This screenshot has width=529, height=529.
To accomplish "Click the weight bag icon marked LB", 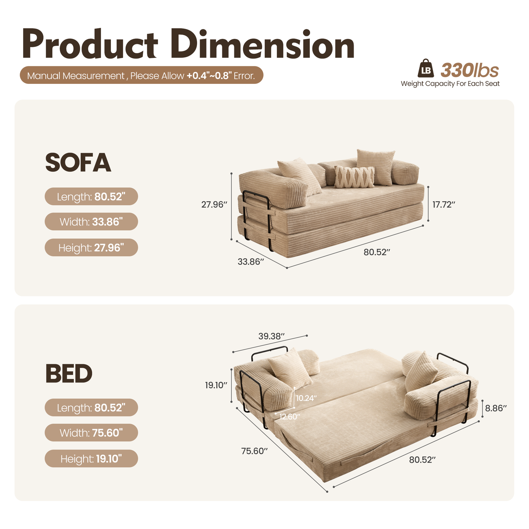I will [x=426, y=68].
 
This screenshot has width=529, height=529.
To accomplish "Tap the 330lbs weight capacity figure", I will [x=469, y=70].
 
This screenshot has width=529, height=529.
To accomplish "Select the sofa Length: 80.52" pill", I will [x=91, y=197].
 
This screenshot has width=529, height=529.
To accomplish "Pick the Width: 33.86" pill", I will [x=91, y=221].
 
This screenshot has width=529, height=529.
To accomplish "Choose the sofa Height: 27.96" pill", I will [x=91, y=247].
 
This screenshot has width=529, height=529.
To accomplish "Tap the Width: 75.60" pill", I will [x=91, y=433].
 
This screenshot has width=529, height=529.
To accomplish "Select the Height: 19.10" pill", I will [x=91, y=458].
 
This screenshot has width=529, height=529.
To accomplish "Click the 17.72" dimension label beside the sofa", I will [x=444, y=204].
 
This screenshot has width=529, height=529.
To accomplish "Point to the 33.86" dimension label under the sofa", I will [x=251, y=262].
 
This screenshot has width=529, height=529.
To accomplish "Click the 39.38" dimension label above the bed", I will [x=271, y=336].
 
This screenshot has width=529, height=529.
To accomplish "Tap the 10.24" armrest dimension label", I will [x=306, y=398].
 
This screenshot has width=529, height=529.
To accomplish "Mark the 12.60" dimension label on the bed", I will [x=290, y=416].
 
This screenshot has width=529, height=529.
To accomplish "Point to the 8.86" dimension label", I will [x=496, y=408].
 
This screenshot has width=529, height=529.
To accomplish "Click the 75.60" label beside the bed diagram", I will [x=254, y=451].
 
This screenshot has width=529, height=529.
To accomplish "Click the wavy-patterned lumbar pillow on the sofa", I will [x=354, y=177].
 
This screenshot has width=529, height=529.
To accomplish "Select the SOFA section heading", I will [x=78, y=163].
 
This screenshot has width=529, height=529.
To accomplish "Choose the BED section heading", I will [x=69, y=374].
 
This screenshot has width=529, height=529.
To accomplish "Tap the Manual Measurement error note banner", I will [x=141, y=75].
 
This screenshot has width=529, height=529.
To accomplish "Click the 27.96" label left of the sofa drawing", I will [x=215, y=204].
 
